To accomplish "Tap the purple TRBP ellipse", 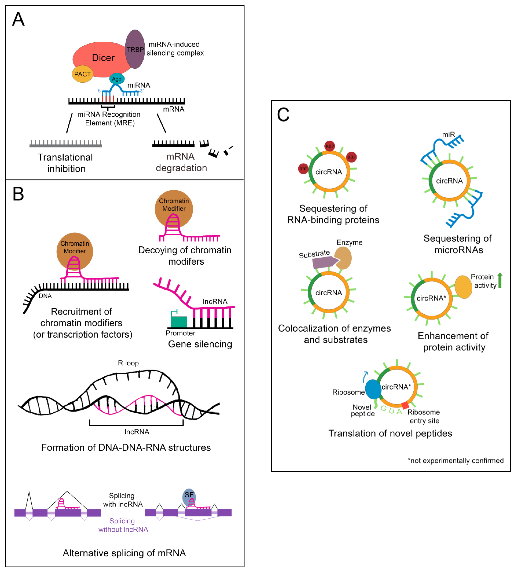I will tap(135, 49).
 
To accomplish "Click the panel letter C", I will tap(283, 115).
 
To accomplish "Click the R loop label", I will tap(128, 363).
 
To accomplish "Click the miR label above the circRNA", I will tap(448, 135).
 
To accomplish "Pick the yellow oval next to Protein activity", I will tap(463, 287).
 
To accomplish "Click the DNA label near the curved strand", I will tap(45, 296).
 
